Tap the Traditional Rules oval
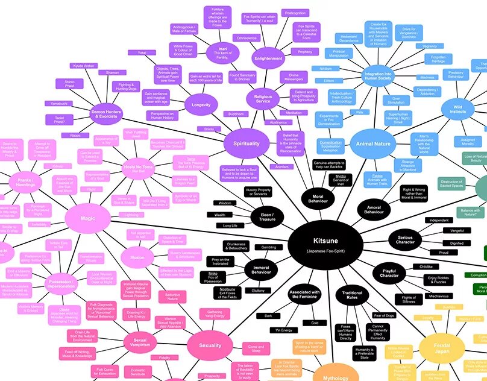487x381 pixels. pyautogui.click(x=352, y=295)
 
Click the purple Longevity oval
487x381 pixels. pyautogui.click(x=201, y=105)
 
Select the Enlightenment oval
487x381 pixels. pyautogui.click(x=268, y=58)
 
